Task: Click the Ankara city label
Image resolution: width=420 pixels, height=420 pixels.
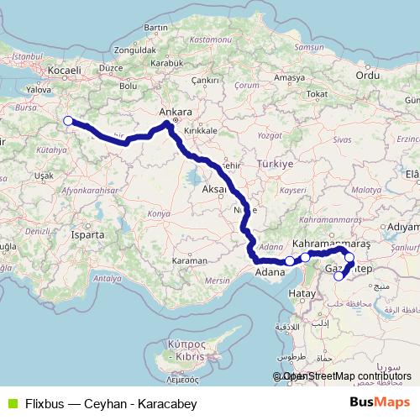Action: tap(176, 112)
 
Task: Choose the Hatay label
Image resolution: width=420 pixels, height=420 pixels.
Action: tap(301, 293)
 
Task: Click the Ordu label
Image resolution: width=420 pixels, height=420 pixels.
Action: tap(369, 75)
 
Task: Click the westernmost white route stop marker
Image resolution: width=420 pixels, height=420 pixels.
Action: tap(68, 121)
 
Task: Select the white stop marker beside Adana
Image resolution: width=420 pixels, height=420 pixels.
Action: tap(289, 260)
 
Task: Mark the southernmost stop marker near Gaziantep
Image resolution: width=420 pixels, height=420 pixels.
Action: tap(339, 276)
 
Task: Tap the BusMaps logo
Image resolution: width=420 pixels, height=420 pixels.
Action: tap(380, 403)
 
